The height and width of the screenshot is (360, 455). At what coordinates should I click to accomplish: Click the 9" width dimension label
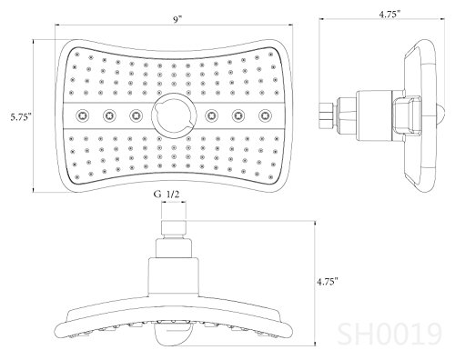pyautogui.click(x=177, y=20)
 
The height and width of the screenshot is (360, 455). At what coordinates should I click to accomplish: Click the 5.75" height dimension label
pyautogui.click(x=21, y=117)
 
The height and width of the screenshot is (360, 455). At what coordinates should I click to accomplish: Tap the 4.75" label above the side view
pyautogui.click(x=389, y=15)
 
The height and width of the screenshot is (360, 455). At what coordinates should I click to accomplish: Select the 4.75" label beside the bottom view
pyautogui.click(x=328, y=282)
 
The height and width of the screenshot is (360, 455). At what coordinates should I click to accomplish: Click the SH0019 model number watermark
pyautogui.click(x=389, y=335)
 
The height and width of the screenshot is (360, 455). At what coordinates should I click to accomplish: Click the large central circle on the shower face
pyautogui.click(x=174, y=115)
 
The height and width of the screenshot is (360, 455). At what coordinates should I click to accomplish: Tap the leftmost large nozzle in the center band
pyautogui.click(x=83, y=115)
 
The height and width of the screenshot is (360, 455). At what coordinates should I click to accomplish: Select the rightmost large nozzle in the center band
pyautogui.click(x=266, y=115)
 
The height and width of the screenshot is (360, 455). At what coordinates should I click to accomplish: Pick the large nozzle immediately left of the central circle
pyautogui.click(x=136, y=115)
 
